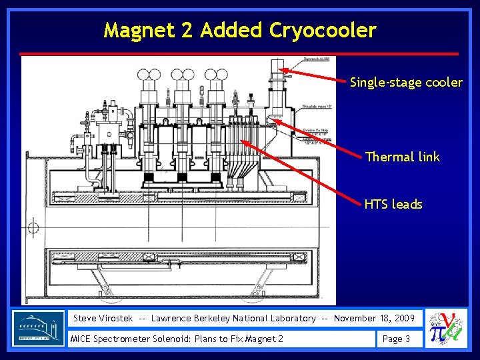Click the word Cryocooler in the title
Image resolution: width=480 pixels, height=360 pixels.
pyautogui.click(x=323, y=31)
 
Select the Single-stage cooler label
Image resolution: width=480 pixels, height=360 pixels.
pyautogui.click(x=406, y=83)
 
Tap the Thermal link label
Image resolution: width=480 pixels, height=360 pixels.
pyautogui.click(x=403, y=157)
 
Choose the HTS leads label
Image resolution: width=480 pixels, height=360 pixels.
pyautogui.click(x=393, y=204)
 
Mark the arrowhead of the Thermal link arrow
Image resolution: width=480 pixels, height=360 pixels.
pyautogui.click(x=274, y=120)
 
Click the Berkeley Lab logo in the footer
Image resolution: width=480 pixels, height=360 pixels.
pyautogui.click(x=39, y=328)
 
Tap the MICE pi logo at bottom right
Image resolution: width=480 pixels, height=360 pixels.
pyautogui.click(x=446, y=329)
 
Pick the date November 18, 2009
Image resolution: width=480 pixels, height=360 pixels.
pyautogui.click(x=377, y=318)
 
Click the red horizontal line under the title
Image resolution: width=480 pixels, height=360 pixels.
pyautogui.click(x=239, y=53)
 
